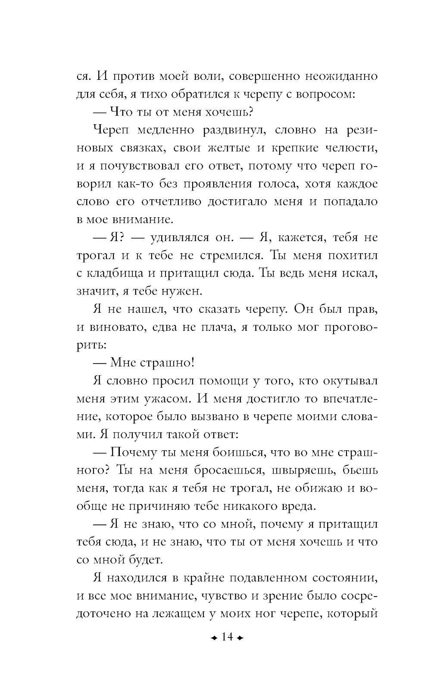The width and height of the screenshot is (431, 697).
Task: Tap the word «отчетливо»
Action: tap(170, 201)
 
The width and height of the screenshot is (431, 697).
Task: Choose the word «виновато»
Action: tap(117, 327)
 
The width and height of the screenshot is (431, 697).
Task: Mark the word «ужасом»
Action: tap(166, 399)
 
